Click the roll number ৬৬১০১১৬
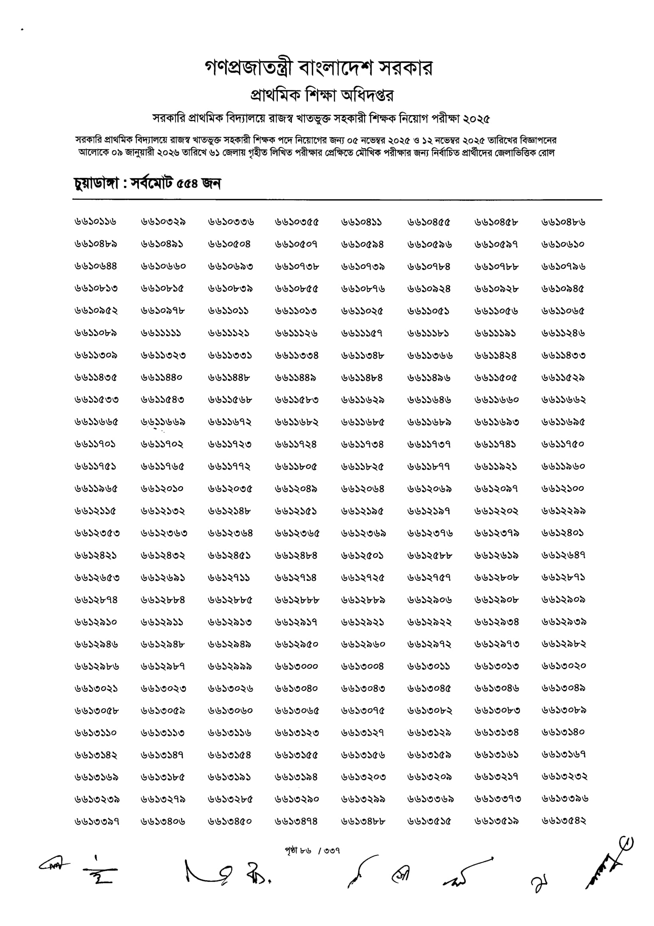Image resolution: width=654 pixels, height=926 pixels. click(96, 222)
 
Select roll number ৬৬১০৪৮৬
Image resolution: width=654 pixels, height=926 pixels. click(563, 222)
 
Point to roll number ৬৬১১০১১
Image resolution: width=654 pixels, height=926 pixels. click(228, 311)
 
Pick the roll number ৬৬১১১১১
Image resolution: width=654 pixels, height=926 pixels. click(161, 333)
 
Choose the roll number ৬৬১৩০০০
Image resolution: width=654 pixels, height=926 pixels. click(296, 666)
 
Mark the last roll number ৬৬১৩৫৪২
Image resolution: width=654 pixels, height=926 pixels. click(564, 821)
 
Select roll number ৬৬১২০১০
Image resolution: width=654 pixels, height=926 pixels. click(162, 489)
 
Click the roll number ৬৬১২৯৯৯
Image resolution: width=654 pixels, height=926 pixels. click(230, 666)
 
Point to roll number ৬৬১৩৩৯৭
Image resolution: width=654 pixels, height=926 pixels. click(97, 821)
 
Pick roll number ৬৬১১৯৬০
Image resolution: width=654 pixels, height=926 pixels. click(563, 467)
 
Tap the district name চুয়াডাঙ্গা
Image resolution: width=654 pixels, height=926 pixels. click(96, 184)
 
